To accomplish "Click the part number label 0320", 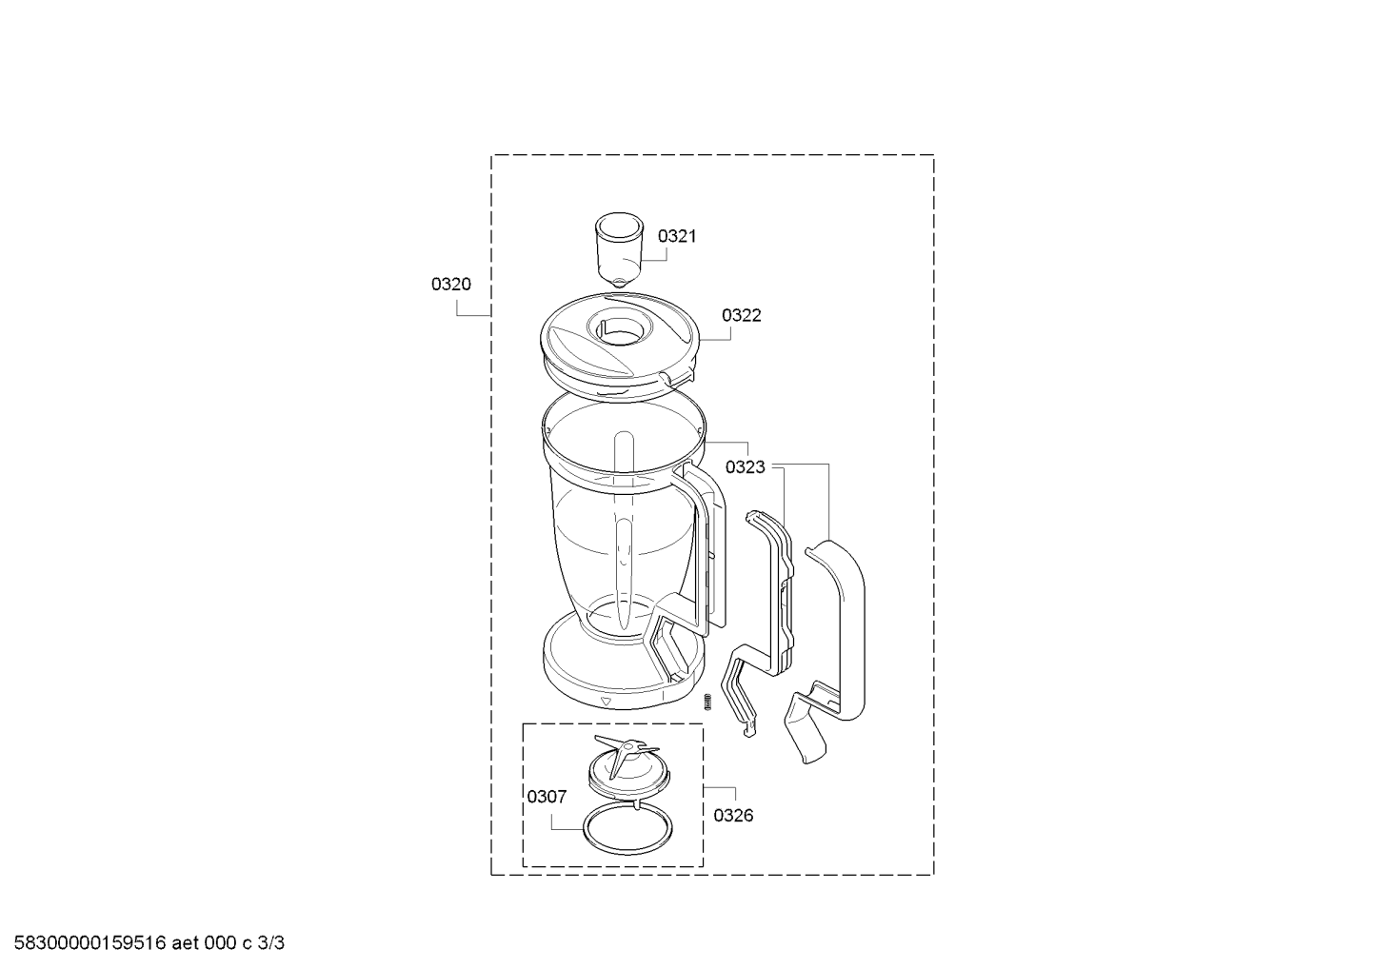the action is pyautogui.click(x=450, y=285).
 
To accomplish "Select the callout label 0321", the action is pyautogui.click(x=677, y=236).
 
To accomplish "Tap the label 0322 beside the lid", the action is pyautogui.click(x=741, y=316).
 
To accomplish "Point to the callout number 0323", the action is pyautogui.click(x=745, y=467).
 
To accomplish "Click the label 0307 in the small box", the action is pyautogui.click(x=547, y=797).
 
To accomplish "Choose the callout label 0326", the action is pyautogui.click(x=733, y=816).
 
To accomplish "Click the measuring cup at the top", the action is pyautogui.click(x=620, y=250).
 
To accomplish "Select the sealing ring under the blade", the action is pyautogui.click(x=627, y=830).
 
